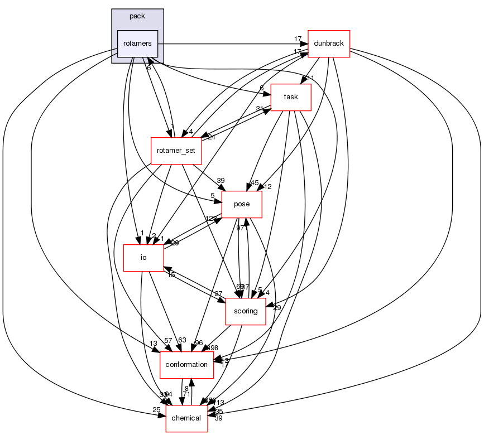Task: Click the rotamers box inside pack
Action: (137, 43)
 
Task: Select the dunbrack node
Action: (329, 43)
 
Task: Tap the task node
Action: (290, 97)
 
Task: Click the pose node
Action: (242, 205)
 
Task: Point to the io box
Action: (143, 258)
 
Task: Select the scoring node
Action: (245, 311)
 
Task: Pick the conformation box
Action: (187, 365)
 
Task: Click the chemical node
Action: (186, 418)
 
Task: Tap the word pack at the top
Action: (137, 16)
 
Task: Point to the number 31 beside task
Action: (260, 109)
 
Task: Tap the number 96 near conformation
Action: (199, 344)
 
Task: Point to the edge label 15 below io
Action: (171, 275)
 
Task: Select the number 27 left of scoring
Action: (218, 293)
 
